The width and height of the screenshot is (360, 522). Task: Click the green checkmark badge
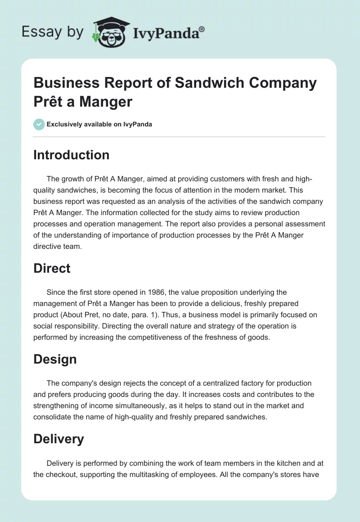39,124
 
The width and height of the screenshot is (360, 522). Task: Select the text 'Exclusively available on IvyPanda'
99,124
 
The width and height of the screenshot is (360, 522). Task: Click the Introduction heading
71,155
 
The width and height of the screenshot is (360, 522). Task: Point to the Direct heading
52,268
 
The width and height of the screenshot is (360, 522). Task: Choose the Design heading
55,359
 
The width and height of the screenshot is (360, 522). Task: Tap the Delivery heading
58,439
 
